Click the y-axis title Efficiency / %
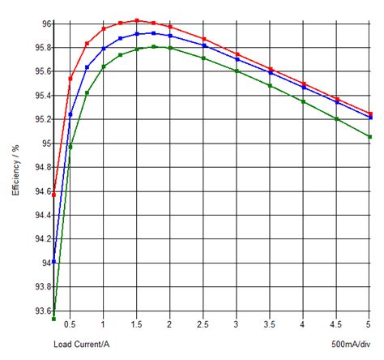tap(15, 170)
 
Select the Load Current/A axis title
tap(82, 345)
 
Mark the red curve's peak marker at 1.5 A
tap(137, 20)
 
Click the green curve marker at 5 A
tap(370, 137)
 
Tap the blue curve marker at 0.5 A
tap(70, 114)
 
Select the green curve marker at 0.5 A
tap(70, 147)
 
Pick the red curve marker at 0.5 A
tap(70, 79)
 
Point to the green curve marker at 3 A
tap(237, 71)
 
